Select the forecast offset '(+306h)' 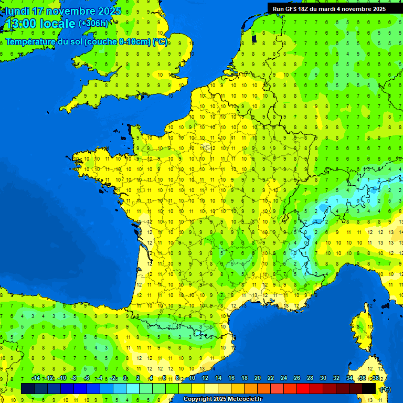pyautogui.click(x=93, y=24)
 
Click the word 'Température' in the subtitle pyautogui.click(x=30, y=42)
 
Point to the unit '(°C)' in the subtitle pyautogui.click(x=160, y=42)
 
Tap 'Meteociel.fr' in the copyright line pyautogui.click(x=245, y=399)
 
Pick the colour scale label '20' pyautogui.click(x=258, y=378)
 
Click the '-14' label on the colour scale pyautogui.click(x=36, y=378)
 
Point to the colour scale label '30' pyautogui.click(x=323, y=378)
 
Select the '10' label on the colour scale pyautogui.click(x=192, y=378)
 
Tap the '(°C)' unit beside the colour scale pyautogui.click(x=386, y=389)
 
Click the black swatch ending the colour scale pyautogui.click(x=369, y=389)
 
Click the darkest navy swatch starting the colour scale pyautogui.click(x=28, y=389)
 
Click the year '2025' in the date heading pyautogui.click(x=109, y=11)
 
